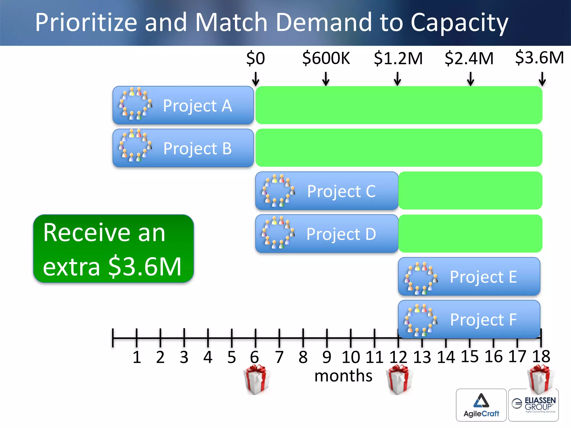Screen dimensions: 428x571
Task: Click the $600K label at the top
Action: tap(326, 58)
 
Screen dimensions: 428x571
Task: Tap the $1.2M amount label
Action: tap(398, 58)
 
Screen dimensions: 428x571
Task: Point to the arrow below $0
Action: tap(255, 79)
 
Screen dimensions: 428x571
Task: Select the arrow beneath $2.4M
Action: tap(470, 79)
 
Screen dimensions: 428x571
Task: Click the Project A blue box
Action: tap(183, 105)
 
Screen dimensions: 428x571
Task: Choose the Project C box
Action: tap(327, 191)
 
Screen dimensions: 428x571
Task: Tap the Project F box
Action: tap(469, 319)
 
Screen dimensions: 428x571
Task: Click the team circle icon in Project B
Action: tap(136, 145)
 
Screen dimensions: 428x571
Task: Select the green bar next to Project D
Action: tap(470, 234)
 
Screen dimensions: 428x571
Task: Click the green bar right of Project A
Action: tap(399, 105)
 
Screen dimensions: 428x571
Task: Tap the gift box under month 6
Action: tap(257, 379)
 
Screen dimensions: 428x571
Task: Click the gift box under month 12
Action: tap(400, 379)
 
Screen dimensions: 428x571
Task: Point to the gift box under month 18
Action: tap(541, 378)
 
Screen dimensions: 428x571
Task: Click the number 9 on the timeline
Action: tap(327, 357)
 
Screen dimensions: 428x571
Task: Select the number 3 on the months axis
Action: tap(184, 357)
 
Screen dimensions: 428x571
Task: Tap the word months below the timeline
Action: tap(343, 376)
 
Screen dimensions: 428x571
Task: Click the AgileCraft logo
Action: tap(481, 405)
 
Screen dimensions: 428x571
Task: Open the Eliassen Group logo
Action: tap(533, 405)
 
